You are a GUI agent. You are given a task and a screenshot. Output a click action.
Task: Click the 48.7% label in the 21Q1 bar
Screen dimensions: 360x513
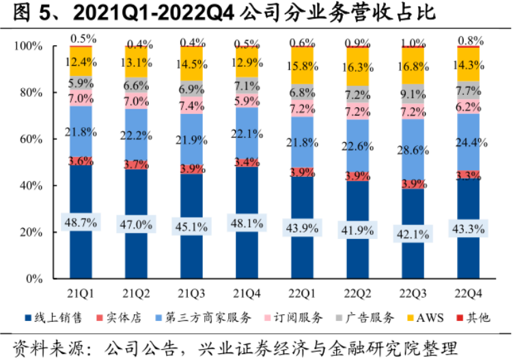(x=80, y=223)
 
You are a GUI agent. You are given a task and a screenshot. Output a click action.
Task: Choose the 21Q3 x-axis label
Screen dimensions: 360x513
(x=190, y=294)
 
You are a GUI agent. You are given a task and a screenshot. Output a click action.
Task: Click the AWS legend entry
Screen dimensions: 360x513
(x=421, y=318)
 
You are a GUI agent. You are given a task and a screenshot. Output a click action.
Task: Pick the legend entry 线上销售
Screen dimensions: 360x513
(x=55, y=318)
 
